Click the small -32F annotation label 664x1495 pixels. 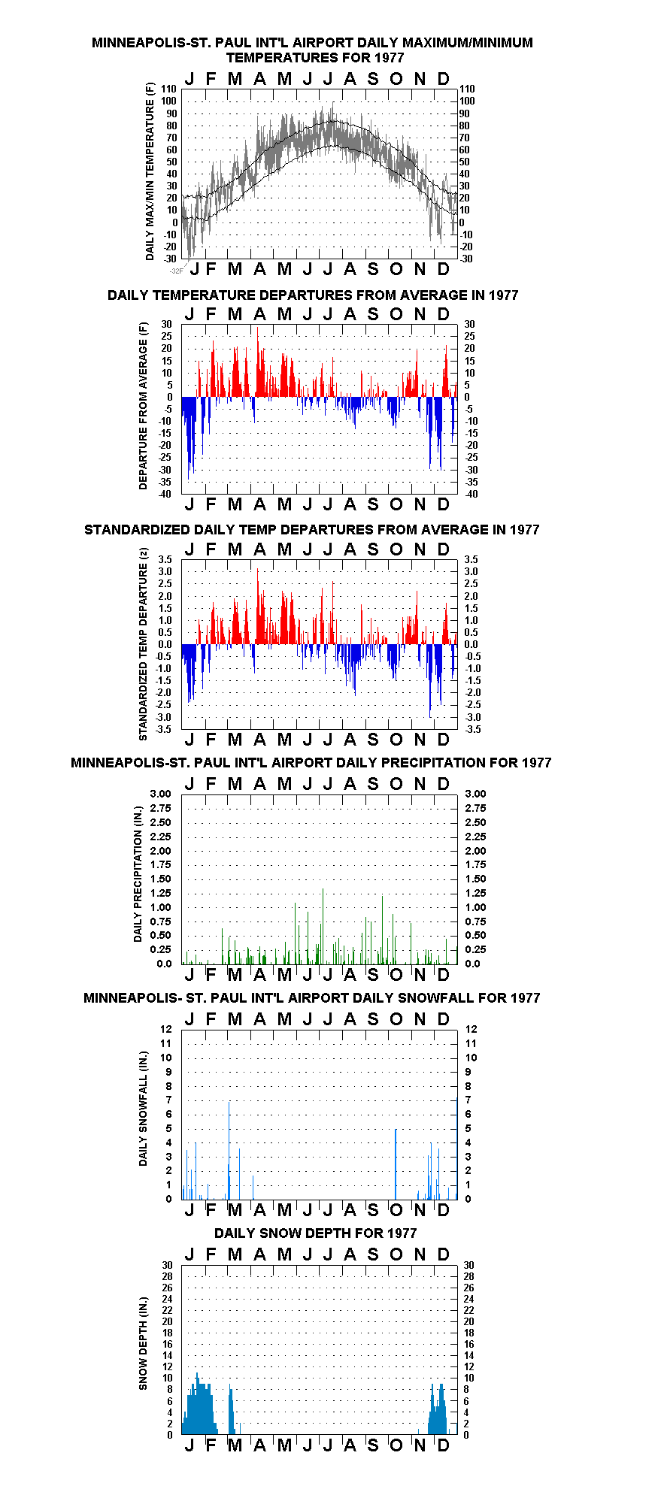177,271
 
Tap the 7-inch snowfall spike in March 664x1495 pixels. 229,1150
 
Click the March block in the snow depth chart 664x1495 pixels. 232,1411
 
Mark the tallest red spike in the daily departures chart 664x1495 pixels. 257,362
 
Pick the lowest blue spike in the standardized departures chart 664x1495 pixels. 430,680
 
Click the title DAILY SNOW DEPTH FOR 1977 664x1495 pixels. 315,1233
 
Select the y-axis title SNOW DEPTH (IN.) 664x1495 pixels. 143,1343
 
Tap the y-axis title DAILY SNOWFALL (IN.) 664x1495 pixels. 143,1109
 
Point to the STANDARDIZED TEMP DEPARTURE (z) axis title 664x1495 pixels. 143,644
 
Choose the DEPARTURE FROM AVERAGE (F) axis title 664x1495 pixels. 143,406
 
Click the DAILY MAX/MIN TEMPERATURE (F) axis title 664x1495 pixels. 150,171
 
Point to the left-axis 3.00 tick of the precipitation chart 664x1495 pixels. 161,794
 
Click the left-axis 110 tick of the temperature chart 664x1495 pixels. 169,89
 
